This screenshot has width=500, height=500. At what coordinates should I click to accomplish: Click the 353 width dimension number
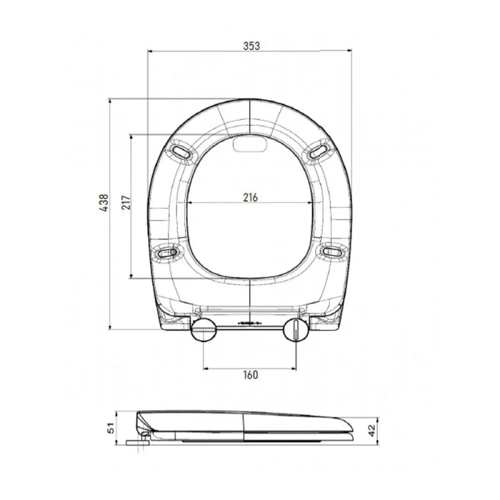click(251, 46)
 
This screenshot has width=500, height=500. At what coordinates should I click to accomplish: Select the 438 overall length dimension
click(104, 202)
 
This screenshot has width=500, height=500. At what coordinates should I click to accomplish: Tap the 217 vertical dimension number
click(126, 202)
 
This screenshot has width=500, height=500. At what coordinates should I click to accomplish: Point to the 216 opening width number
click(250, 198)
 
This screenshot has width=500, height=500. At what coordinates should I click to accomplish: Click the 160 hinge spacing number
click(250, 375)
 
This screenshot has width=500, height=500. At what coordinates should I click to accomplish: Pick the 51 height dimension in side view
click(110, 428)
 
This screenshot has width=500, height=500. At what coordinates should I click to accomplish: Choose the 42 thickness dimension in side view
click(372, 431)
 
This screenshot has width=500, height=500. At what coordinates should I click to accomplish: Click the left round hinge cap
click(204, 330)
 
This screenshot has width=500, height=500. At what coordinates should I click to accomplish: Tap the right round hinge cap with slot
click(296, 330)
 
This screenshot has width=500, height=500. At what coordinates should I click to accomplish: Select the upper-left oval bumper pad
click(181, 151)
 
